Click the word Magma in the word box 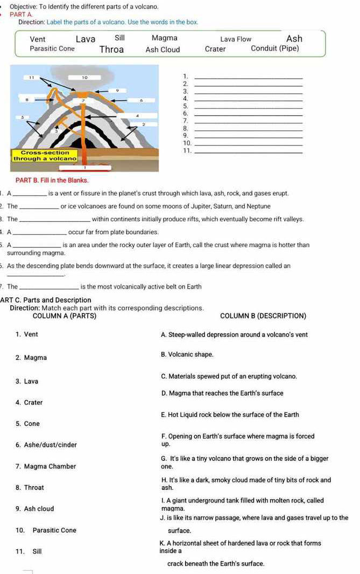[x=164, y=38]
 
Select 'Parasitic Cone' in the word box [x=52, y=48]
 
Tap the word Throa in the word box [x=111, y=50]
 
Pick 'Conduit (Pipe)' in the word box [x=274, y=48]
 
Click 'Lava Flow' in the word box [x=235, y=39]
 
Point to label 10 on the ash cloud [x=84, y=77]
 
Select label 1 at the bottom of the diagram [x=83, y=168]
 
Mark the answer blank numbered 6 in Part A [x=248, y=115]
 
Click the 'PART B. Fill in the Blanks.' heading [x=52, y=179]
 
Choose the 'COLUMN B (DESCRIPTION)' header [x=263, y=316]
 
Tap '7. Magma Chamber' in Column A [x=46, y=466]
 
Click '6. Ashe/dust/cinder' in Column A [x=46, y=444]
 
